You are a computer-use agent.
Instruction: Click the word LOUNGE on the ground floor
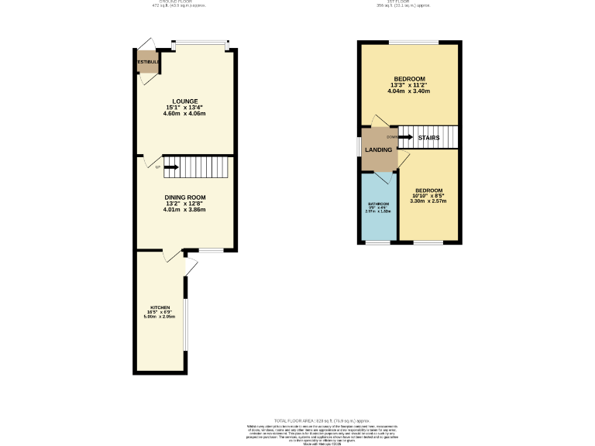tap(184, 101)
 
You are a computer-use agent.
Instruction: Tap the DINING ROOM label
tap(184, 197)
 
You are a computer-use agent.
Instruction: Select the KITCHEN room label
tap(160, 307)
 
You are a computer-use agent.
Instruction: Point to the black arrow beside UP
tap(170, 166)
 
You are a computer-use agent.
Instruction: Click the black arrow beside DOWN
tap(405, 137)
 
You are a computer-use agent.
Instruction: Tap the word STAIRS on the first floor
tap(428, 138)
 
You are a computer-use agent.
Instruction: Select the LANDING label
tap(379, 149)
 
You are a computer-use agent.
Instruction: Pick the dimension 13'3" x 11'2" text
tap(409, 84)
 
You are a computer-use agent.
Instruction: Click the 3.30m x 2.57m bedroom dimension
tap(428, 201)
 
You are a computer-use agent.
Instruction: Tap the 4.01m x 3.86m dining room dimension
tap(184, 210)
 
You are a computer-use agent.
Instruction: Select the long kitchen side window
tap(184, 324)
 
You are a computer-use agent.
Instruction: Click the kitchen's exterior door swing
tap(191, 266)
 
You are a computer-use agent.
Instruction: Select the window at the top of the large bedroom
tap(414, 41)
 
